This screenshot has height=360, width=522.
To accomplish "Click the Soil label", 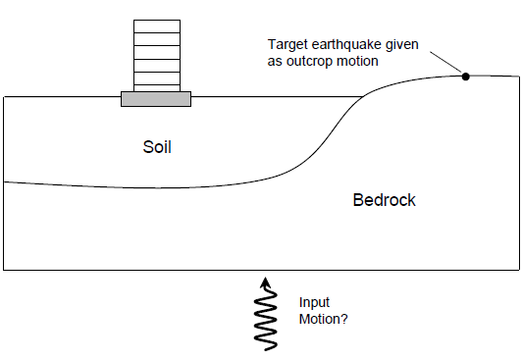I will tap(163, 147).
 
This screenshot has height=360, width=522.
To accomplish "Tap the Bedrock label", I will tap(384, 200).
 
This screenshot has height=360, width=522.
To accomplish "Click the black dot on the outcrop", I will tap(465, 76).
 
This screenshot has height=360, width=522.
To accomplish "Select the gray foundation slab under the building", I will tap(155, 98).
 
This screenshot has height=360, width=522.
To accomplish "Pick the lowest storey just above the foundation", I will tap(155, 84).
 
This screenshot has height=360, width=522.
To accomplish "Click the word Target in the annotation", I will tap(287, 44).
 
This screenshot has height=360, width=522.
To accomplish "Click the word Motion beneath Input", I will tap(316, 320).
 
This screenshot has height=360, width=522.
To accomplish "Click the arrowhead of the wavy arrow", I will tap(263, 282).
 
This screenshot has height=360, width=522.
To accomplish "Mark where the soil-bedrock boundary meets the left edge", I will tap(4, 181).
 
